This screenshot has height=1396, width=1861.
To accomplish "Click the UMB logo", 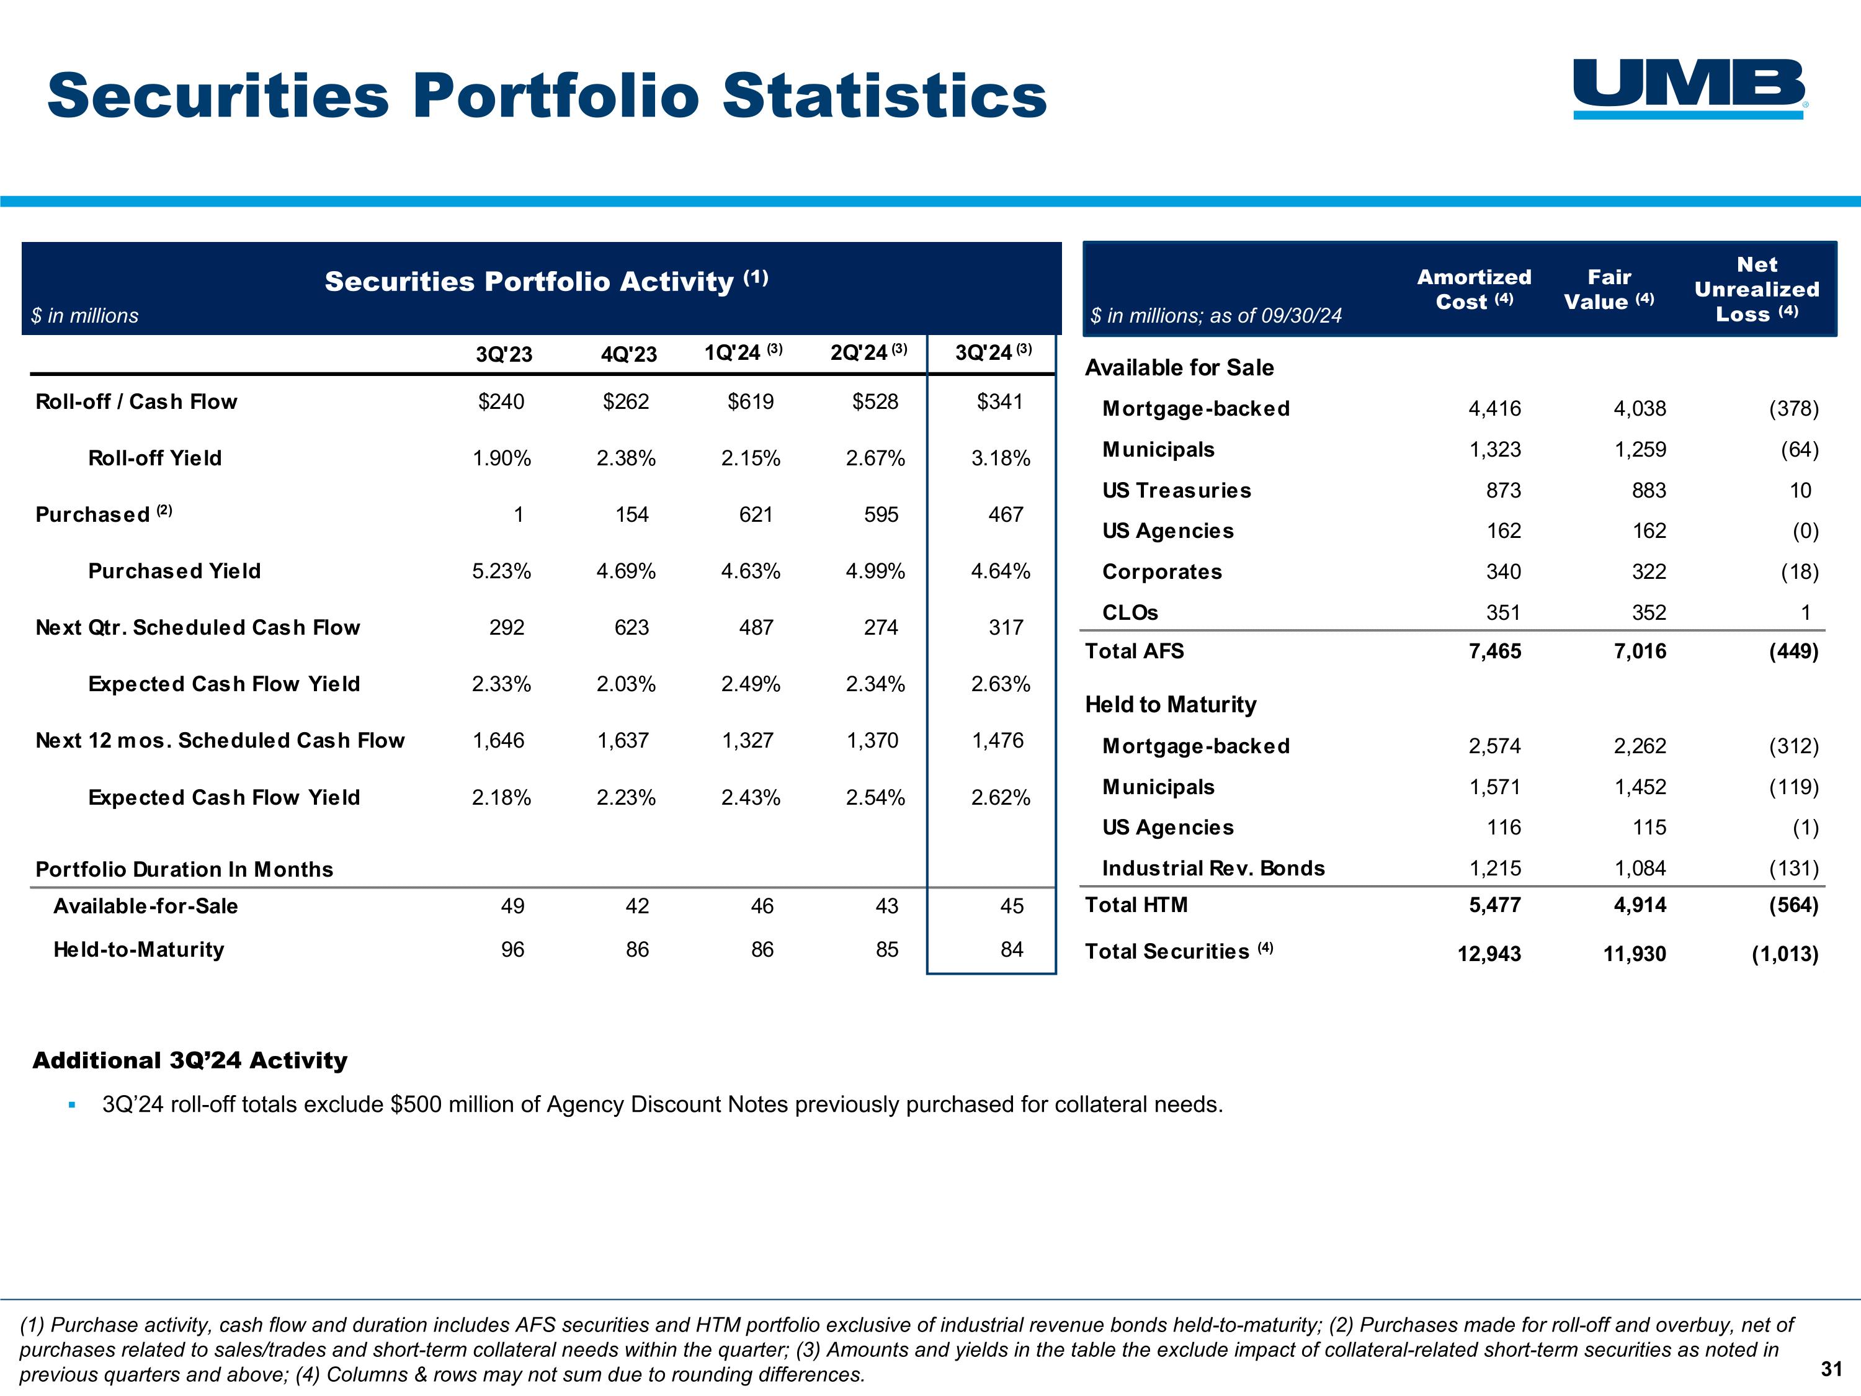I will coord(1689,87).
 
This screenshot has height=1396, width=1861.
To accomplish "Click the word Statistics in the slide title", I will coord(884,95).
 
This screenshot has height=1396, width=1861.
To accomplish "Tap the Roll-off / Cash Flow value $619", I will coord(751,402).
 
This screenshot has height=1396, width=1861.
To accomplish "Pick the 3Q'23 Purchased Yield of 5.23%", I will coord(501,571).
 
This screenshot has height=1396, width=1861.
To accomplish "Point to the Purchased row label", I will coord(92,515).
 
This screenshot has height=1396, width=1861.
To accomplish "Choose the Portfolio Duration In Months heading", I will coord(184,869).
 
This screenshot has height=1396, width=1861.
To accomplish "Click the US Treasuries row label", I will coord(1176,491).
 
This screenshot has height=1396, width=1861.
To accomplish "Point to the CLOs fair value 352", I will coord(1648,612).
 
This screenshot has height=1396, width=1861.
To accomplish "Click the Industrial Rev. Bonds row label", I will coord(1213,869).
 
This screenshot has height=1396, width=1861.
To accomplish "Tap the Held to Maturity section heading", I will coord(1171,704).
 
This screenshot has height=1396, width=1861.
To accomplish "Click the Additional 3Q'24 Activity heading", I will coord(190,1060).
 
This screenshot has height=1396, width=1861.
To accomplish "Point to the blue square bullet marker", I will coord(73,1105).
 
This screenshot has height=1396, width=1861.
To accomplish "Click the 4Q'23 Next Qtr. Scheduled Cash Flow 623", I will coord(631,628).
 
